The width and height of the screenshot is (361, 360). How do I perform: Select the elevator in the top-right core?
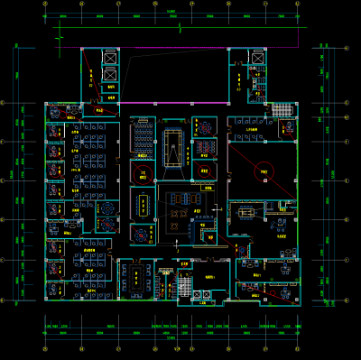tap(257, 59)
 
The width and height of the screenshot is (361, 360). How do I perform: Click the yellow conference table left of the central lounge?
tap(143, 203)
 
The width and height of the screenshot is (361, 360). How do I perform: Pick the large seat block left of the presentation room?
tap(143, 135)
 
